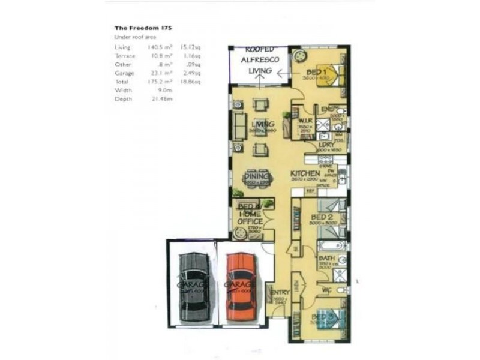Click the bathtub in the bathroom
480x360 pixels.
[x=331, y=245]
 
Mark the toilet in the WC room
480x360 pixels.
[x=340, y=290]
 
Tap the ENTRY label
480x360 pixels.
[x=280, y=293]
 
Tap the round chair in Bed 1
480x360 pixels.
[x=298, y=57]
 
